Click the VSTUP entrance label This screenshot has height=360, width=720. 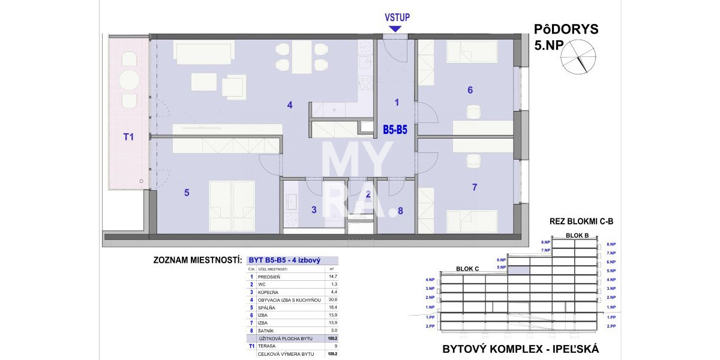tap(397, 17)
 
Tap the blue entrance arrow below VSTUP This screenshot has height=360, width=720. tap(395, 28)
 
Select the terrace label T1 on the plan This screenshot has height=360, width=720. tap(128, 137)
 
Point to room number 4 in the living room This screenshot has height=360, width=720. tap(290, 105)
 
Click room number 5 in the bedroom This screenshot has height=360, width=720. tap(187, 193)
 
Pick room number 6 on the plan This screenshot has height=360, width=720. tap(470, 90)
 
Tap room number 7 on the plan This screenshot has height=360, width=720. tap(474, 187)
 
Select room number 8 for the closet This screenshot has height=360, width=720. tap(400, 211)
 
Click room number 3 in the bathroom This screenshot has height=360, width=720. tap(313, 209)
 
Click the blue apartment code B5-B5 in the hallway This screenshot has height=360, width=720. tap(395, 128)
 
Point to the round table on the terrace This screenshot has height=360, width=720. tap(129, 80)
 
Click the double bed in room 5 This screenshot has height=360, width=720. tap(232, 206)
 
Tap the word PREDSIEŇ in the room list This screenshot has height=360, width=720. tap(270, 277)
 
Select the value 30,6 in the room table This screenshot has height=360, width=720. tap(331, 300)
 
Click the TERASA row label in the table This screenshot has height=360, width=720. tap(267, 346)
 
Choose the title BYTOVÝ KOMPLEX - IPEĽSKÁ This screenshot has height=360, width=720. tap(520, 349)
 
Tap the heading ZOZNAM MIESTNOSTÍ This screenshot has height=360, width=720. tap(197, 261)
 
